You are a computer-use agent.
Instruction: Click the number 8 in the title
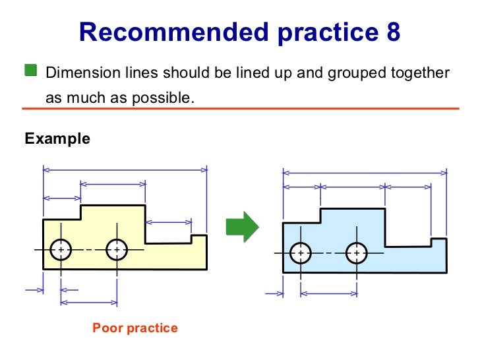[x=392, y=31]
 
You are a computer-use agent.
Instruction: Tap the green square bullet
[x=31, y=71]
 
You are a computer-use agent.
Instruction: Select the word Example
[x=57, y=139]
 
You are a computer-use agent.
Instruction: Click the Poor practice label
[x=135, y=328]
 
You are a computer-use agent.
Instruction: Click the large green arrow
[x=242, y=226]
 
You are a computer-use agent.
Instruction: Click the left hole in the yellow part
[x=61, y=250]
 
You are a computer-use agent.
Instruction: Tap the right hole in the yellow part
[x=117, y=250]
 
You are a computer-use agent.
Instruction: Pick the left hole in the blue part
[x=301, y=253]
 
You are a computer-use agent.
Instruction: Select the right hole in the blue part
[x=357, y=253]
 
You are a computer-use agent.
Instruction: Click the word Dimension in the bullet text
[x=75, y=72]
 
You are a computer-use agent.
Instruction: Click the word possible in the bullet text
[x=165, y=98]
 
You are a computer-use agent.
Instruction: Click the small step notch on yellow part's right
[x=198, y=239]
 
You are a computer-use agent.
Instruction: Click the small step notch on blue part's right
[x=438, y=242]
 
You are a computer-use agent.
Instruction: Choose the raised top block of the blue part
[x=352, y=219]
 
